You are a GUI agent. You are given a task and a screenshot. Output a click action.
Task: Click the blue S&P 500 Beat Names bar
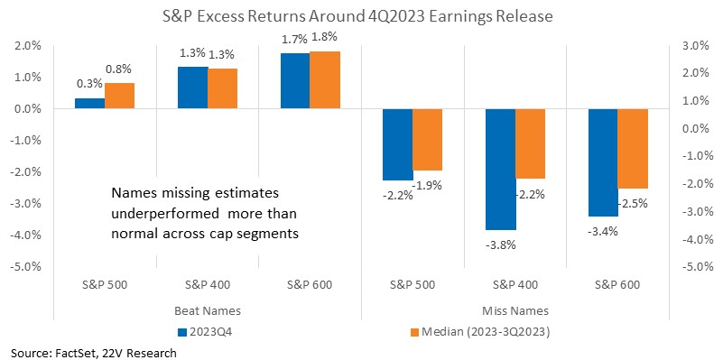pos(90,104)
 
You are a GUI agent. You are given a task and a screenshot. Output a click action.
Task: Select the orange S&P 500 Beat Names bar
pos(120,96)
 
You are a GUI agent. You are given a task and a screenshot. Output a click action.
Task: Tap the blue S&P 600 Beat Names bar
pos(295,81)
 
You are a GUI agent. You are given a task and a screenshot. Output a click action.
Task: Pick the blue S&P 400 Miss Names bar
pos(501,169)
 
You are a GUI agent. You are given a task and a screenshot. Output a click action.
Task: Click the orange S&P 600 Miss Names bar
pos(633,149)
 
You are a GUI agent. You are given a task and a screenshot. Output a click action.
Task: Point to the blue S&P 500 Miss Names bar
pos(398,144)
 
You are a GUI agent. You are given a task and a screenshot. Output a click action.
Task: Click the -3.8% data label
pos(501,245)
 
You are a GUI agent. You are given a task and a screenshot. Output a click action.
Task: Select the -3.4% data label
pos(602,231)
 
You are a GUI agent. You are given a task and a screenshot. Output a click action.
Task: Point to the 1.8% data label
pos(325,36)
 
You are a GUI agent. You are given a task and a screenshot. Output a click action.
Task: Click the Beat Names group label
pos(208,310)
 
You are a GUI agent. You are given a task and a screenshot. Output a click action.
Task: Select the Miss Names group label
pos(514,310)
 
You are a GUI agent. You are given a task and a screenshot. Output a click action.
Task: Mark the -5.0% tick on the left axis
pos(27,267)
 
